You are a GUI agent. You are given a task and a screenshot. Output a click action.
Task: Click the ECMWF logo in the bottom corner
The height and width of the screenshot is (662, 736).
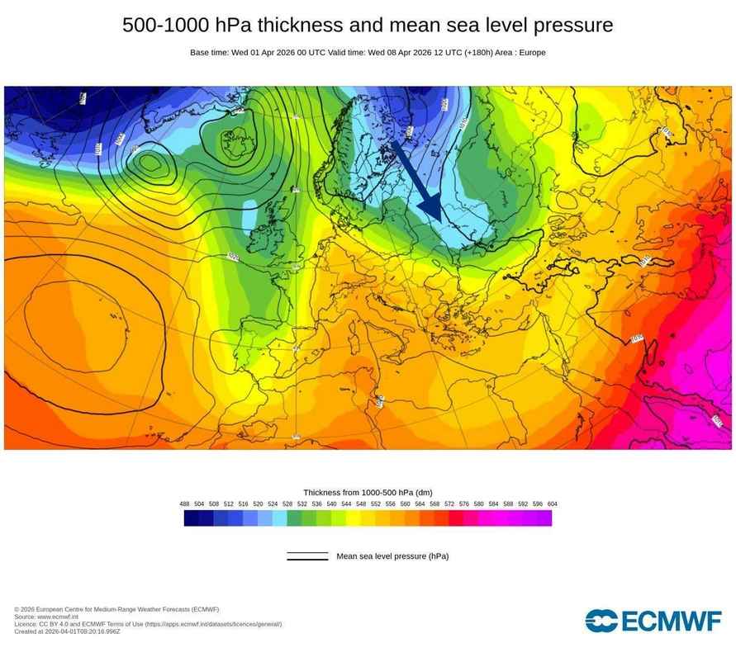tap(653, 621)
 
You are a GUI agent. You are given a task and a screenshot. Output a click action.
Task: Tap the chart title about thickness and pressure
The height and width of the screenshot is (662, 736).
tap(368, 26)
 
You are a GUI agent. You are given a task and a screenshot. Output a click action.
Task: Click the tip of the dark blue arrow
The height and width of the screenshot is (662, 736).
tap(441, 220)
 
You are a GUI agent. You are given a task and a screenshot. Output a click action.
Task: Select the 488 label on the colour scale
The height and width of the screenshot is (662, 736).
tap(185, 504)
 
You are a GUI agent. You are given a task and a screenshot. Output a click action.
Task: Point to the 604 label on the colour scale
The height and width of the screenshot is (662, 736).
tap(551, 504)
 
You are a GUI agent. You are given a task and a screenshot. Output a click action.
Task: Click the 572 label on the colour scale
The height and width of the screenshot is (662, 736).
tap(449, 504)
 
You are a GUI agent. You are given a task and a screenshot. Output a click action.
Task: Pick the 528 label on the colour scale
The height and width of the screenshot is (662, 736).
tap(287, 504)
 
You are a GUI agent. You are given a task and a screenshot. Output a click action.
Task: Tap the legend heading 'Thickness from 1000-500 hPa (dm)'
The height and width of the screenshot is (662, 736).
tap(368, 492)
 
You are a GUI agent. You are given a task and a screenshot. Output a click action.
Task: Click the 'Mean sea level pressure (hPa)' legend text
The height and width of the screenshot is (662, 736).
tap(392, 556)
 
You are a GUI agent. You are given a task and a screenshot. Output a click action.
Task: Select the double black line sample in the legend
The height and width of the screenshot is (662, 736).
tap(307, 557)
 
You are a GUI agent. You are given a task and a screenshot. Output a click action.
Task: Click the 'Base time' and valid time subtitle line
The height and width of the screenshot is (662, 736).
tap(368, 53)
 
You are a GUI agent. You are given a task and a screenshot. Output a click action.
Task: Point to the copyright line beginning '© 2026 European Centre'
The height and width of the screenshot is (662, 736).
tap(116, 609)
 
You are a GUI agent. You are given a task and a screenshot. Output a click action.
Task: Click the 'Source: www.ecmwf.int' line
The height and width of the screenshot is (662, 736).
tap(46, 617)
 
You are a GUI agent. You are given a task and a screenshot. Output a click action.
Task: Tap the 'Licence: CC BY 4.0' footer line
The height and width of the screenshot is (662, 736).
tap(148, 624)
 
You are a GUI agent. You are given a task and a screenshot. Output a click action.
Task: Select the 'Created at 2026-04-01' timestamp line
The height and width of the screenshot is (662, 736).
tap(67, 631)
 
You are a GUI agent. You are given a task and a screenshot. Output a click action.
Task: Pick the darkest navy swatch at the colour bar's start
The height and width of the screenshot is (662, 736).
tap(191, 518)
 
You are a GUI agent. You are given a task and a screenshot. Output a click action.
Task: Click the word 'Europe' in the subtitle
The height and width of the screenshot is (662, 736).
tap(532, 53)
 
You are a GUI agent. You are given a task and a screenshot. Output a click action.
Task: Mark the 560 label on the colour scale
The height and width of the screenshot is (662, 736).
tap(405, 504)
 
